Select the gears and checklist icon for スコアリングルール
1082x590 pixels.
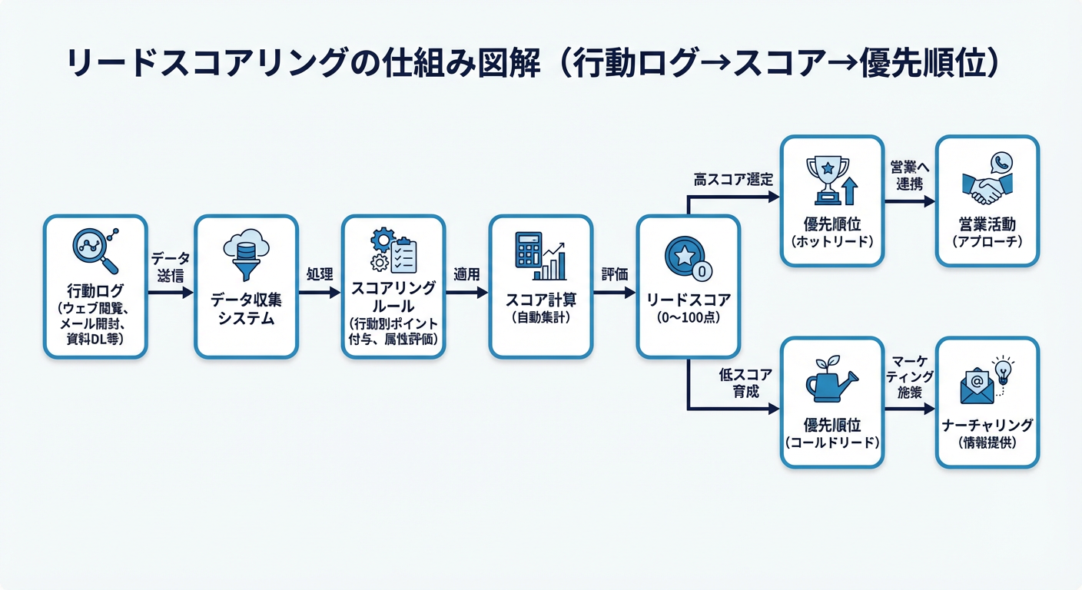393,250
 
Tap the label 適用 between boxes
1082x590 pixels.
466,274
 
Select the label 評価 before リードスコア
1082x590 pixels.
614,274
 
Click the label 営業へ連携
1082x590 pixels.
909,176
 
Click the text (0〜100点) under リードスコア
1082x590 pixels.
688,318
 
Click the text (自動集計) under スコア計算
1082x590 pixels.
540,317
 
